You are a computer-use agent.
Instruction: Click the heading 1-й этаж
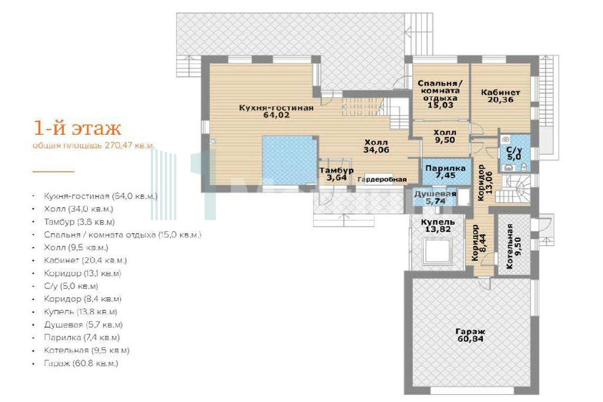[77, 128]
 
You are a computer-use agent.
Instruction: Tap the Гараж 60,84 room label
[471, 335]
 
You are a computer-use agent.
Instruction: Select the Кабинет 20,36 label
[501, 96]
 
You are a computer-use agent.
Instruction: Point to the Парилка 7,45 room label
[445, 172]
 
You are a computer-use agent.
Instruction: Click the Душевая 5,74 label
[435, 197]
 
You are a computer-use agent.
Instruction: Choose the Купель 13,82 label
[438, 225]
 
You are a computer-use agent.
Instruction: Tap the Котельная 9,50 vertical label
[514, 247]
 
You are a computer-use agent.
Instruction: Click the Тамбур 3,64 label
[336, 174]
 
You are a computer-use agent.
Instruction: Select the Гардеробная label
[382, 180]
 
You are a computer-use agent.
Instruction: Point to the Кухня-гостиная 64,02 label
[276, 111]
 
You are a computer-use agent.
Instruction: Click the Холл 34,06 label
[376, 147]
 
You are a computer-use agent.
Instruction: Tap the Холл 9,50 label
[445, 137]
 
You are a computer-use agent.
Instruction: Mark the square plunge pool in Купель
[438, 250]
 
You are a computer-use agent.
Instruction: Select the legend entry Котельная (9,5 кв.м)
[87, 351]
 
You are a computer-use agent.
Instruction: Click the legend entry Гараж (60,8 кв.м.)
[81, 363]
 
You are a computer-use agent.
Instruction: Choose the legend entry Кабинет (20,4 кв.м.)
[85, 261]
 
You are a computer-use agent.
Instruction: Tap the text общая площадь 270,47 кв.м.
[94, 145]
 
